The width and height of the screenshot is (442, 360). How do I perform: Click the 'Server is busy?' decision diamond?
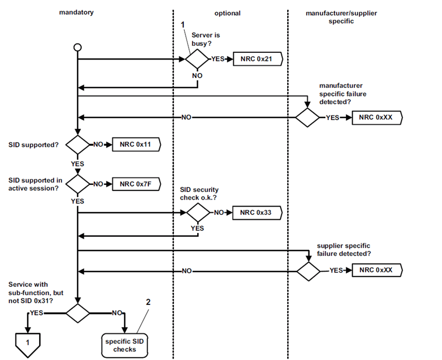click(x=197, y=58)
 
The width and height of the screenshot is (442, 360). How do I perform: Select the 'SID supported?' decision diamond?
click(x=77, y=145)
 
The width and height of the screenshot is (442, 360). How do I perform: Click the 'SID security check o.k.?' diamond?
click(x=197, y=212)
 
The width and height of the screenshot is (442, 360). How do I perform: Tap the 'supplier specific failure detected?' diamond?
click(x=308, y=271)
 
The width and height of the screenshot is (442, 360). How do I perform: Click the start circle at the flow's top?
click(x=77, y=47)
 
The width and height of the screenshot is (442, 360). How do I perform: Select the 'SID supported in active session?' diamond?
click(x=77, y=184)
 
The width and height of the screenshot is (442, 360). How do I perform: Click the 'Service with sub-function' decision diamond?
click(x=77, y=313)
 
